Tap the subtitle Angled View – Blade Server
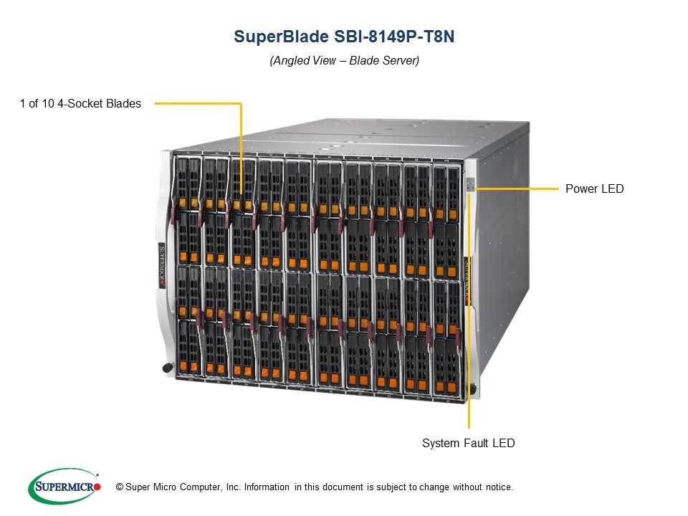click(x=344, y=61)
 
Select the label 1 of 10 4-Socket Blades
click(x=80, y=103)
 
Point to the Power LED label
click(x=594, y=189)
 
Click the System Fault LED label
click(x=468, y=444)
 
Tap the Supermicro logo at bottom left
click(x=63, y=487)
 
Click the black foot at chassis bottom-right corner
click(x=474, y=390)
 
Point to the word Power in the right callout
click(x=580, y=189)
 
